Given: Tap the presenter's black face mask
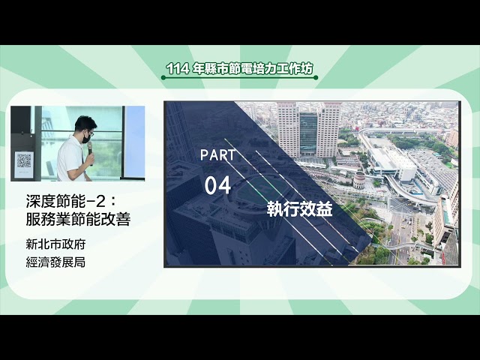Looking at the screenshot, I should point(87,137).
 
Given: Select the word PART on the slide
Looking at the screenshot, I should point(218,155).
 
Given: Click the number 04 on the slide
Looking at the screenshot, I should point(217,185).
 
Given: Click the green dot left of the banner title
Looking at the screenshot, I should point(163,77).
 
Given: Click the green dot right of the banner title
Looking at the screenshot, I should point(316,77).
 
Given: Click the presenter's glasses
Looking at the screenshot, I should point(87,130).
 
